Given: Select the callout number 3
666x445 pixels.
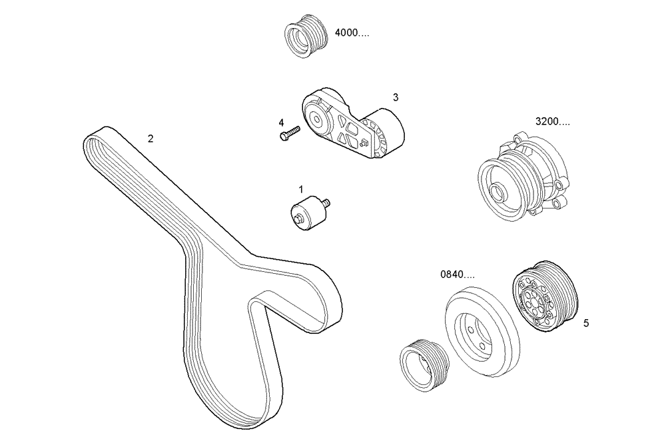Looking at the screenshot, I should coord(395,97).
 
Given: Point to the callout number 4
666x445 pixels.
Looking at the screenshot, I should coord(281,123).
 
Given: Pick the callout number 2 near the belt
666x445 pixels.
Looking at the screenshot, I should coord(151,139).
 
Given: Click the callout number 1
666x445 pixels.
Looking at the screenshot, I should coord(300,190).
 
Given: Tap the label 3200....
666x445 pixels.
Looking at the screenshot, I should coord(552,122).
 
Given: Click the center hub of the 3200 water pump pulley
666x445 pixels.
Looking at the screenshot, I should coord(499,193).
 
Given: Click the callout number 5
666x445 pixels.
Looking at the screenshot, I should coord(585,324).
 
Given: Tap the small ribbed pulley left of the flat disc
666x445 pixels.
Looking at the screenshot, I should coord(423,364).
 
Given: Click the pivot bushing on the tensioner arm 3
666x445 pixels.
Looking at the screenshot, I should coord(314,121).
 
